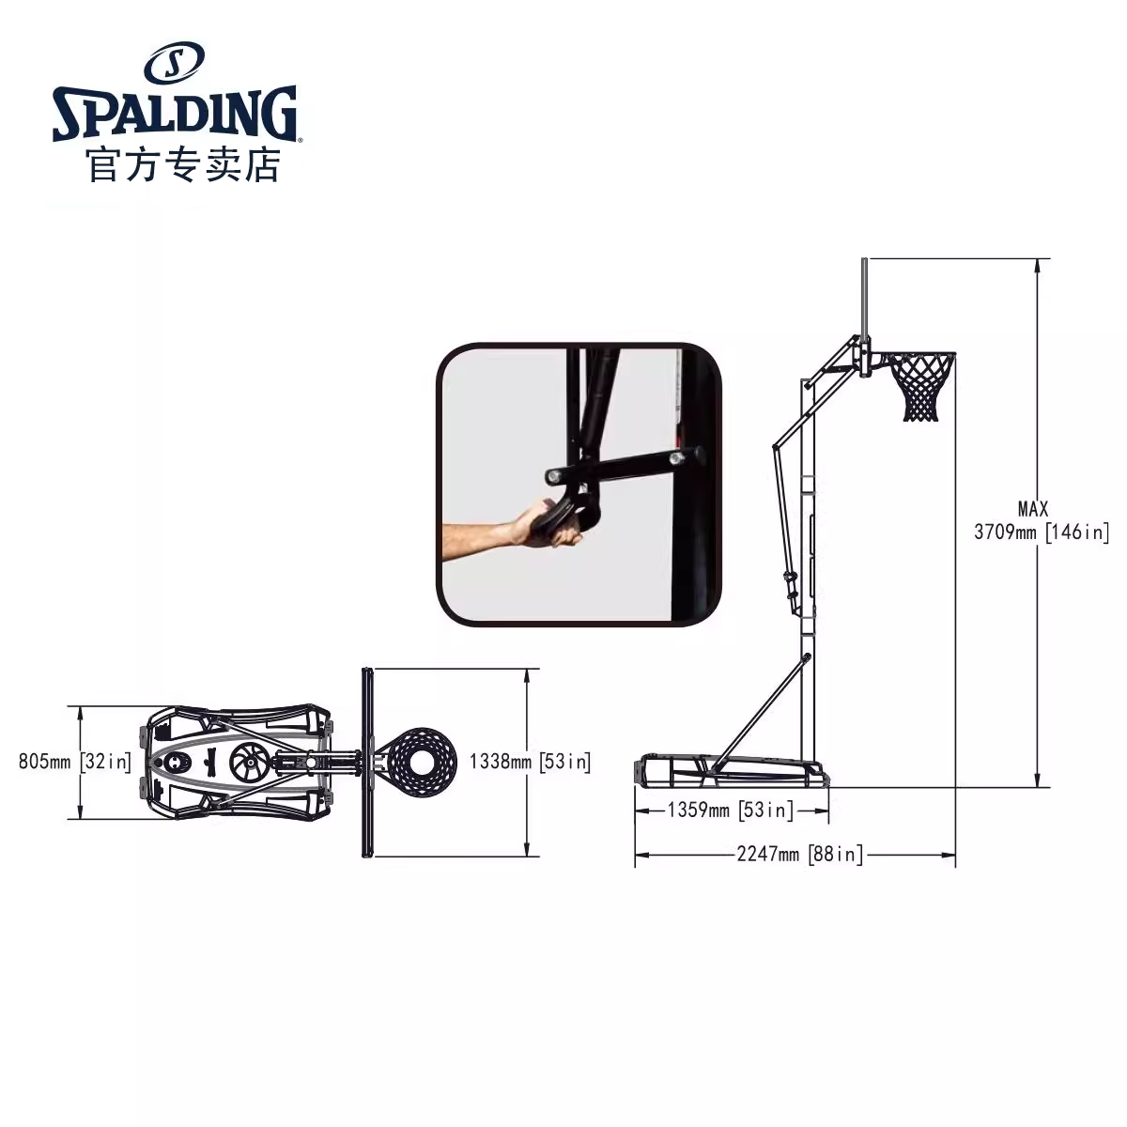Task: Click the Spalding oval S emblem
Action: (x=174, y=64)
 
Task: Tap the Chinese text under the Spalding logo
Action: (x=183, y=166)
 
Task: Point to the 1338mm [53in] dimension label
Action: (x=530, y=761)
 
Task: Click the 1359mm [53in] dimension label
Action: (x=730, y=810)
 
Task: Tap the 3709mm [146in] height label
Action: (x=1042, y=532)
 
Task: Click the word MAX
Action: (x=1033, y=508)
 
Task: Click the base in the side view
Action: (x=733, y=772)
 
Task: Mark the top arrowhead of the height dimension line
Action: (x=1038, y=265)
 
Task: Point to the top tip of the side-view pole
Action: (x=863, y=261)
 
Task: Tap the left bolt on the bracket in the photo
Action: (x=553, y=475)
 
